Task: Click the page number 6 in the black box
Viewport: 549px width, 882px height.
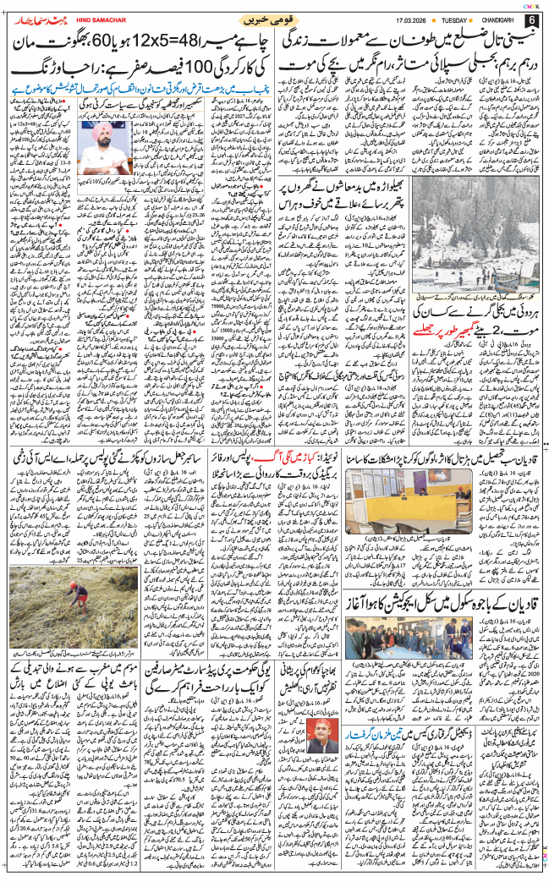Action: tap(530, 19)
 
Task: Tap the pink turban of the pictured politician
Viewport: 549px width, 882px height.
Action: tap(106, 127)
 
